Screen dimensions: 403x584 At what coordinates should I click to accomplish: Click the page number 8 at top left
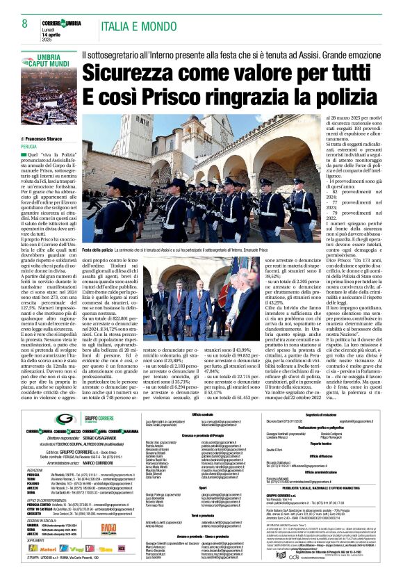[x=14, y=22]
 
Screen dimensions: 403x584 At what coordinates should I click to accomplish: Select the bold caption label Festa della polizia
[x=100, y=248]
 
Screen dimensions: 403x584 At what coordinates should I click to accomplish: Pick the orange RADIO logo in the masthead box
[x=108, y=528]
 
